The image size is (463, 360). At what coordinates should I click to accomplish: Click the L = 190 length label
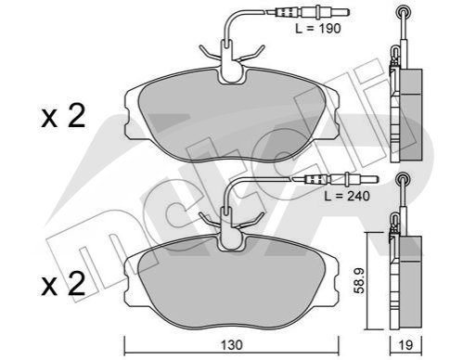click(x=318, y=29)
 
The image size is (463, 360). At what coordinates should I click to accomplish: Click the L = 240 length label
click(x=347, y=196)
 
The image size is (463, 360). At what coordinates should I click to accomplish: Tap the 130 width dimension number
click(x=232, y=345)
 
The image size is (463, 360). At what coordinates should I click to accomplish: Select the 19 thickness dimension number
click(x=405, y=345)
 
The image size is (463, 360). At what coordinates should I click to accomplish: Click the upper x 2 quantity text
click(x=63, y=116)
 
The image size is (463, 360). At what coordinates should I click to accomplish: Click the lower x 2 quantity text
click(x=63, y=283)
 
